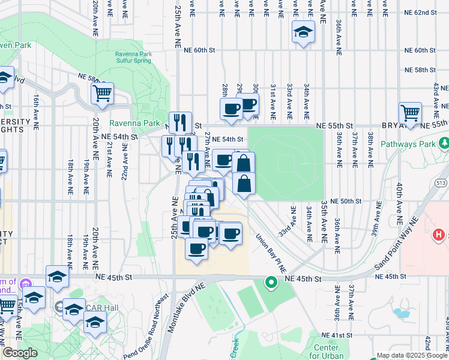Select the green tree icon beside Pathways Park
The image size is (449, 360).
click(444, 143)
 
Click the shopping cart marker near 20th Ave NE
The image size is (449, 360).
click(102, 94)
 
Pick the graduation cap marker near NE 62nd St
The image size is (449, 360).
click(303, 32)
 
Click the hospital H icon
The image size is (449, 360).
click(439, 234)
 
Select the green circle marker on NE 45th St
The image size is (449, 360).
click(271, 281)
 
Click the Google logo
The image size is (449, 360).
click(20, 353)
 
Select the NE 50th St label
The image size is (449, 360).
click(345, 202)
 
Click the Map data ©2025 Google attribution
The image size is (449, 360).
click(411, 355)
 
